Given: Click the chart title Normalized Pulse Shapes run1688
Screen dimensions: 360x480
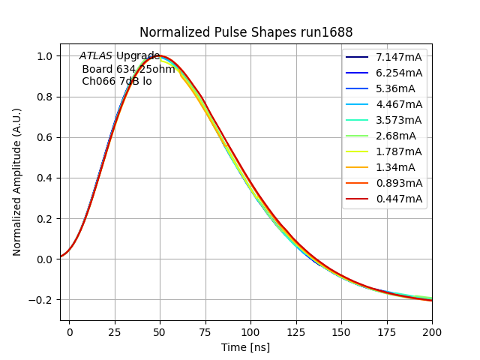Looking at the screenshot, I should [x=246, y=32].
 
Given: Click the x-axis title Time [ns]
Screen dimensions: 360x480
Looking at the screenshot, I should [x=245, y=347].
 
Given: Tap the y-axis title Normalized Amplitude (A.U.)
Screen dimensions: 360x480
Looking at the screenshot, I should [x=17, y=181].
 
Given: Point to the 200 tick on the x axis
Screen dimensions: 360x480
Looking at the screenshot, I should [x=432, y=331].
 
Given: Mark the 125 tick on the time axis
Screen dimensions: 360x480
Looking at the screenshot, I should [x=296, y=331].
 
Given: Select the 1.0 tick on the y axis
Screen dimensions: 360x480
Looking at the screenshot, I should [x=44, y=56].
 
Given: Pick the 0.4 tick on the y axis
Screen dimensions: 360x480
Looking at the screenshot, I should [x=44, y=178].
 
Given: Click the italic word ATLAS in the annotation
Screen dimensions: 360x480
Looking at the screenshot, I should [x=96, y=56].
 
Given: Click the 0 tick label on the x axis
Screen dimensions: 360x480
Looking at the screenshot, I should [x=69, y=331].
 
